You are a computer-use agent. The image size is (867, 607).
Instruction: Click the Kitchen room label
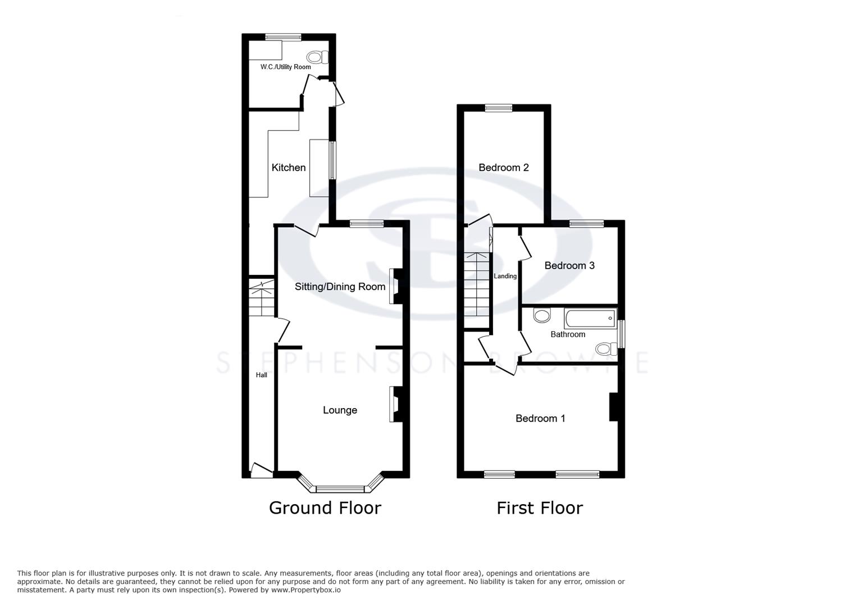(x=289, y=167)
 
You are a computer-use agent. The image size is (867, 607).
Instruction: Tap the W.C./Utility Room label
(x=285, y=67)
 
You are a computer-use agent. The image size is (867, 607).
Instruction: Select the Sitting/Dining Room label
(x=340, y=287)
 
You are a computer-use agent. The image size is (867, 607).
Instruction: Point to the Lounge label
(x=340, y=410)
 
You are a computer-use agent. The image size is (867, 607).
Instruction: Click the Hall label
(x=262, y=375)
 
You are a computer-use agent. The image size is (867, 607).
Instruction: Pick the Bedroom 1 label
(x=540, y=418)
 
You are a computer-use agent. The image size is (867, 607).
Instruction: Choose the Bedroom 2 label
(x=503, y=167)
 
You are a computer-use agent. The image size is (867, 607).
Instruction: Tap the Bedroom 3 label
(x=569, y=265)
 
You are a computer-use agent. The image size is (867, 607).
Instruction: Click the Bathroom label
(x=568, y=334)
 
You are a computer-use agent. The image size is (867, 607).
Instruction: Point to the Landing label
(x=505, y=276)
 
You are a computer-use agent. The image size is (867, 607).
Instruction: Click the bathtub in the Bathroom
(x=591, y=319)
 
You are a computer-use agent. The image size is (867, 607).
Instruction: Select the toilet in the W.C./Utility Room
(x=317, y=57)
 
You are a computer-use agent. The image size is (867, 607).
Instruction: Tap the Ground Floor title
(x=325, y=508)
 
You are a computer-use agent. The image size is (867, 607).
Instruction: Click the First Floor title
(x=540, y=508)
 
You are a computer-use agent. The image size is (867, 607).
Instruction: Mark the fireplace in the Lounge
(x=395, y=404)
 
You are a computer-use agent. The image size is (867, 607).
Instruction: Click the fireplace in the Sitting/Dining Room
(x=395, y=286)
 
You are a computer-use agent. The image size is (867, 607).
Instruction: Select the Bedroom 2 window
(x=499, y=108)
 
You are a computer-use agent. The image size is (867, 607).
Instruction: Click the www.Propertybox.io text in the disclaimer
(x=306, y=590)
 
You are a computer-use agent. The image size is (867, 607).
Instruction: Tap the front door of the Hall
(x=261, y=471)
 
